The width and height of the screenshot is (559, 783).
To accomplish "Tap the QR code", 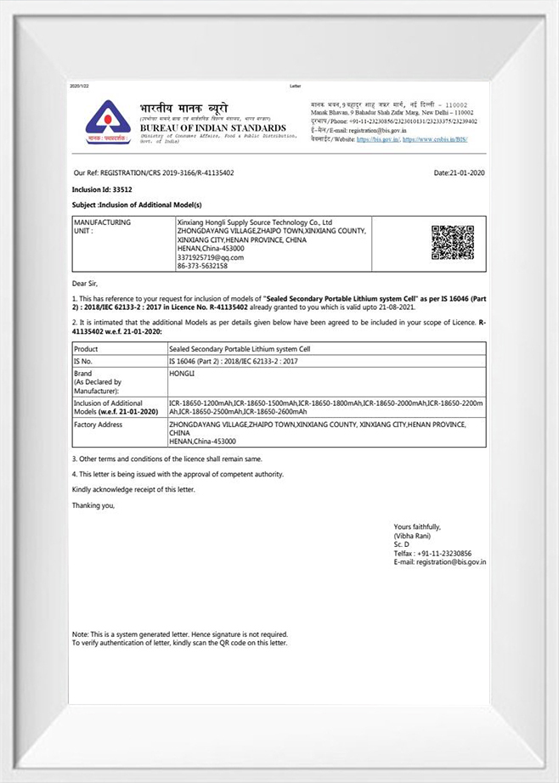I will (452, 242).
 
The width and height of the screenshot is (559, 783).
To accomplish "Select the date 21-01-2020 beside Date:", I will (468, 172).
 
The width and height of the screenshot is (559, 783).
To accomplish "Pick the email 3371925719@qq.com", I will (210, 256).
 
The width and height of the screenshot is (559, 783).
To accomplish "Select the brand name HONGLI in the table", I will (182, 373).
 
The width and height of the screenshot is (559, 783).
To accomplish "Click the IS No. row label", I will (85, 361).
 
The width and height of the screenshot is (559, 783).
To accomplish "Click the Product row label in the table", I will (87, 349).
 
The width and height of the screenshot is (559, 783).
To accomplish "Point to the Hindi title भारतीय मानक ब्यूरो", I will (184, 109).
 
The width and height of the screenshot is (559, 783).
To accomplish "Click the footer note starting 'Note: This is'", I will (179, 634).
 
